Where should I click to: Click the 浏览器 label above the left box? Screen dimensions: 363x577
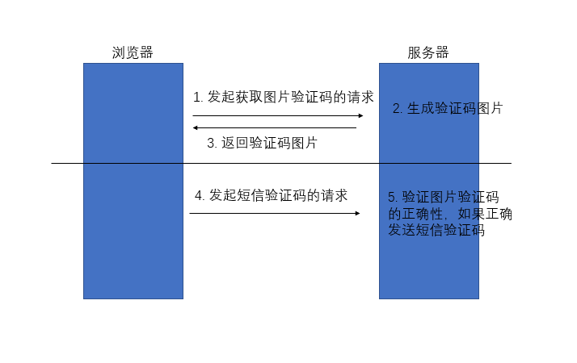(x=133, y=52)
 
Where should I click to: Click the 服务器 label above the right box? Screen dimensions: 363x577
(x=428, y=52)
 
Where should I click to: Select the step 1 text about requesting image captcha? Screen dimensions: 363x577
(x=283, y=97)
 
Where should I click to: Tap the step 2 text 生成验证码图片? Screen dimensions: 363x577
(x=448, y=108)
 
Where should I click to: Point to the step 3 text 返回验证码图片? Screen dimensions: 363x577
(x=262, y=144)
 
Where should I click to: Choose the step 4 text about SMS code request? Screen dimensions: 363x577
(x=271, y=195)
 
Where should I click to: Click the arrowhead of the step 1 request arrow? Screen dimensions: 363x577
(x=360, y=115)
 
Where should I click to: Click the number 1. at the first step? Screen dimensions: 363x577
(x=198, y=97)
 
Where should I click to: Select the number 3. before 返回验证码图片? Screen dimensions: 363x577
(x=212, y=144)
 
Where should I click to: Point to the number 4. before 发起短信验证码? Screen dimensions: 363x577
(x=200, y=195)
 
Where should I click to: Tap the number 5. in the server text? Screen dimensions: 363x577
(x=393, y=197)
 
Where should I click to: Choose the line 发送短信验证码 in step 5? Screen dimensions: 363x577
(x=436, y=230)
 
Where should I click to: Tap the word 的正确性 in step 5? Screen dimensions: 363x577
(x=415, y=214)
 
